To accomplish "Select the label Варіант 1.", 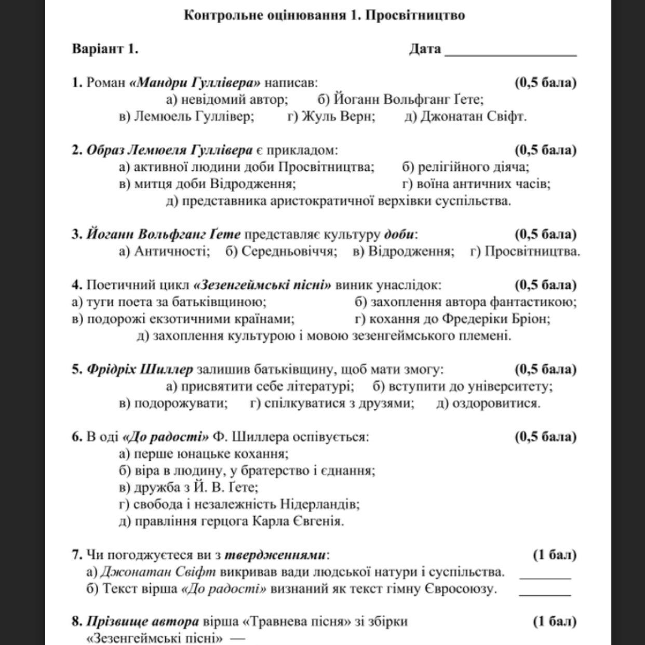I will (x=105, y=49).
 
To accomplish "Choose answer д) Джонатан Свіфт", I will (x=465, y=116).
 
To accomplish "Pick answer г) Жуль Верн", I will (x=331, y=116).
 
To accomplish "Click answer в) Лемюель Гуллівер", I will (x=186, y=116).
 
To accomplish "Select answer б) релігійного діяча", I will (x=465, y=167).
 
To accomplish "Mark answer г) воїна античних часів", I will (x=476, y=183).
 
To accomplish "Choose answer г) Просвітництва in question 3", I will (x=525, y=251).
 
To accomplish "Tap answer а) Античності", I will (x=164, y=251).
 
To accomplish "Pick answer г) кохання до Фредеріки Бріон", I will (x=452, y=318).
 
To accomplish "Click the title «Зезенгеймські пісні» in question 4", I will (x=262, y=285).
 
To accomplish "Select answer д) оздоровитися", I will (x=488, y=403).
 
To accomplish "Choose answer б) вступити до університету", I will (x=462, y=386).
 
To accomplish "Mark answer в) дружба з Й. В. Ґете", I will (x=189, y=487).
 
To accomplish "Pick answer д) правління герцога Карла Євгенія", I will (x=231, y=521).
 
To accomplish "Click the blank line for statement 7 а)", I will (x=545, y=576).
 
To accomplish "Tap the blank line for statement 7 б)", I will (x=545, y=593).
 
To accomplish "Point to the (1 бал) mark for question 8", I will (x=555, y=621).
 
